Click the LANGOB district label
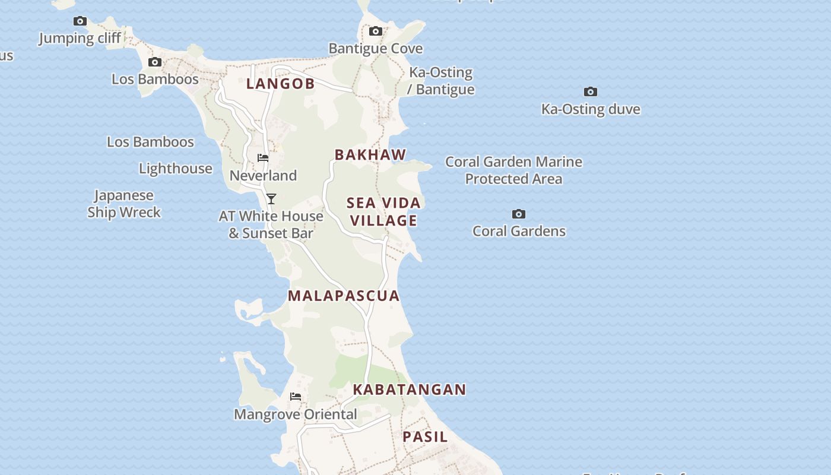(x=280, y=84)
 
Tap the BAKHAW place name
(x=370, y=155)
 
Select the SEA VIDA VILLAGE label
(x=383, y=211)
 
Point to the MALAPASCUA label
(x=344, y=296)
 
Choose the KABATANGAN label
(x=410, y=389)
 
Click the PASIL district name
(x=425, y=437)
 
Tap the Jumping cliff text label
(x=80, y=39)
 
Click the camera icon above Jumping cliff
(x=80, y=21)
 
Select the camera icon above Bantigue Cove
(x=376, y=31)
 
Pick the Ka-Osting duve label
(x=591, y=109)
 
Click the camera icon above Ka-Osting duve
(x=591, y=92)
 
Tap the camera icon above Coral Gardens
(x=519, y=214)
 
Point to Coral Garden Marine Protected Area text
(x=513, y=170)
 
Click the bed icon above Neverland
(x=263, y=159)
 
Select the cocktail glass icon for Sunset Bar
(x=271, y=199)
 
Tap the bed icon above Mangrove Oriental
(x=296, y=397)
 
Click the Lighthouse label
(x=176, y=169)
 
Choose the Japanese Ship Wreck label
(x=124, y=204)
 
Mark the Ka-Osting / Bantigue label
(x=441, y=81)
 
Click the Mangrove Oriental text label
(x=296, y=414)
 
